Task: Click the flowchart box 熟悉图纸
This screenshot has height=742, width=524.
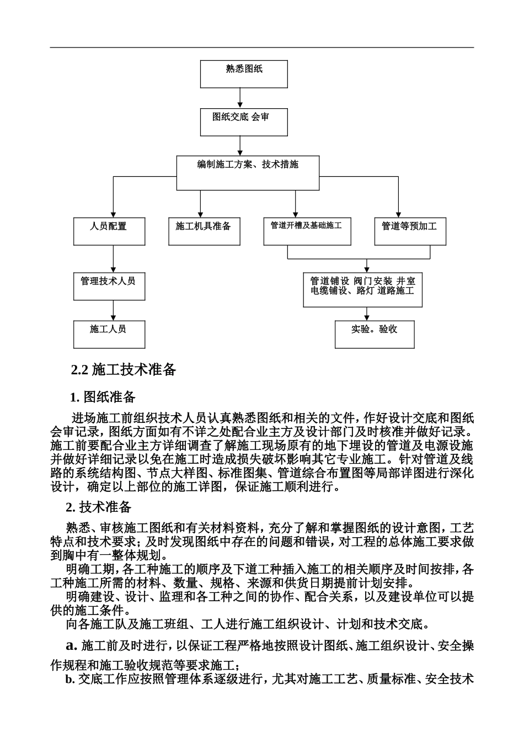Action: coord(243,74)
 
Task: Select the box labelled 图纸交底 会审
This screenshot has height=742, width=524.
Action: coord(243,122)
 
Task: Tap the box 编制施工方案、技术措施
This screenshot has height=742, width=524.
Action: coord(248,173)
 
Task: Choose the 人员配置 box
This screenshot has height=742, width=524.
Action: coord(109,231)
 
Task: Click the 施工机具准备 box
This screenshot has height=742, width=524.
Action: coord(204,231)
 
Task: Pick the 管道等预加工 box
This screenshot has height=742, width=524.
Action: coord(410,231)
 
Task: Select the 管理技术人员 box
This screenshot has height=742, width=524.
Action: coord(109,286)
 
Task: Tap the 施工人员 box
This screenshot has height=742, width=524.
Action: coord(109,335)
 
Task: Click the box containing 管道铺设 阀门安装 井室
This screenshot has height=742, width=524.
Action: coord(362,289)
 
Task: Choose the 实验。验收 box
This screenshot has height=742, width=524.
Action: coord(375,335)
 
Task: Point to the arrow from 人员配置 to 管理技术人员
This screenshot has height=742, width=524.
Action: coord(113,259)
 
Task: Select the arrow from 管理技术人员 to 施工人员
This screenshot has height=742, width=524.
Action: coord(113,310)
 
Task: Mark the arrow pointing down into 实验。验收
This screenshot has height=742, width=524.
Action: coord(367,314)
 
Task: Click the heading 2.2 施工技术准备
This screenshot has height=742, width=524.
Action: coord(124,370)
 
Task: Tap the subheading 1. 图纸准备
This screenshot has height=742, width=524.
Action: coord(103,396)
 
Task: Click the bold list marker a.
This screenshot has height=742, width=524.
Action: coord(71,645)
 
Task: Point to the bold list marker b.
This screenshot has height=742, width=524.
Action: coord(69,679)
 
